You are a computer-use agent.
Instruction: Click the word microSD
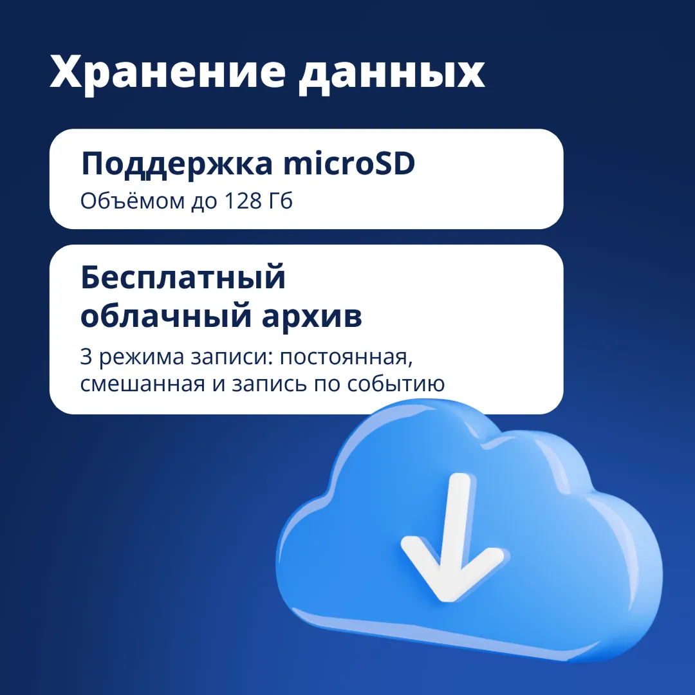[x=349, y=163]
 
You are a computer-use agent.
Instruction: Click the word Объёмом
[x=132, y=201]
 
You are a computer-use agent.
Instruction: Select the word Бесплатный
[x=183, y=279]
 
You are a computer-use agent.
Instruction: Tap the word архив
[x=312, y=317]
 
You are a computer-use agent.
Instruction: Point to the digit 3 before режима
[x=86, y=357]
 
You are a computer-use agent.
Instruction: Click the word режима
[x=142, y=358]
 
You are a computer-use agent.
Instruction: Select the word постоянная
[x=346, y=358]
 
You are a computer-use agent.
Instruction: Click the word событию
[x=396, y=385]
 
